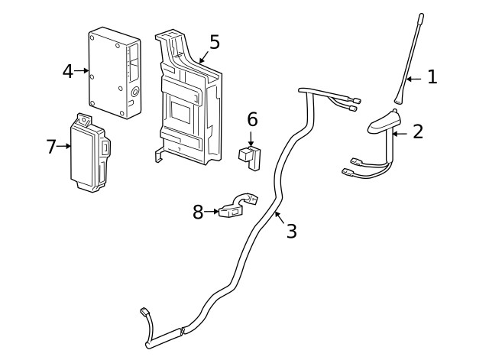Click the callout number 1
point(432,77)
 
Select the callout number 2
point(417,131)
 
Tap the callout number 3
point(291,231)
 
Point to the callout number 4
point(67,71)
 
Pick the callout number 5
point(214,42)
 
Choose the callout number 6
point(252,120)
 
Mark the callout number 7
point(51,147)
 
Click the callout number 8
point(198,212)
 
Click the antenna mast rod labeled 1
point(412,61)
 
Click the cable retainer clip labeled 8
point(233,208)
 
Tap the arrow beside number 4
point(82,70)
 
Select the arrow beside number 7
point(66,146)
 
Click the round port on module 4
point(134,91)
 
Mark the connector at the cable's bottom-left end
point(144,313)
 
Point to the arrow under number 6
point(252,138)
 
